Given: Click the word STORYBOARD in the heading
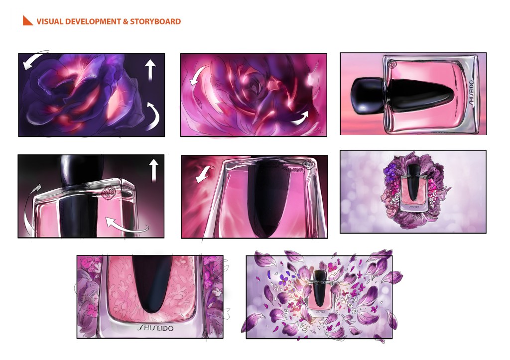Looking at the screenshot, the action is coord(155,21).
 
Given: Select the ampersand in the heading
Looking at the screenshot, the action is coord(126,21).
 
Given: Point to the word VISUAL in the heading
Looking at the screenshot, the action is coord(50,21).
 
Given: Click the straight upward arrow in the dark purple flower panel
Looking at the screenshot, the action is coord(150,70).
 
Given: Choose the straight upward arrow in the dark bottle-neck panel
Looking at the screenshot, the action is coord(153,170).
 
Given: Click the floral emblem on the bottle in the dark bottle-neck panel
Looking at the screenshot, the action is coord(108,193).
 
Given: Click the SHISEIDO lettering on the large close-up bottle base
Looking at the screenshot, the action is coord(155,328).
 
